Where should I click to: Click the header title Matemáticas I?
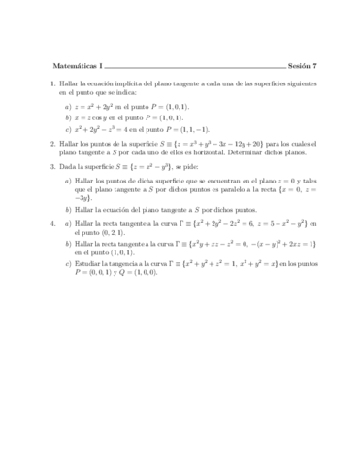tap(74, 66)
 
